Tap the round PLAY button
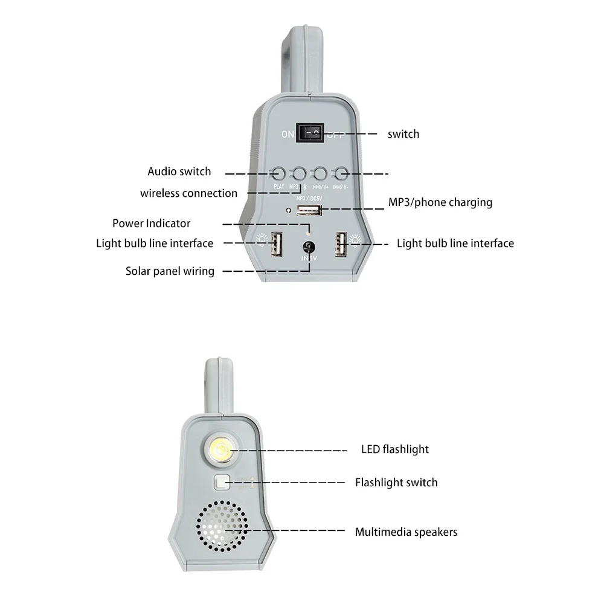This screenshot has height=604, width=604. pos(278,173)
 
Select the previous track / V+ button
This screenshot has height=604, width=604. pos(320,173)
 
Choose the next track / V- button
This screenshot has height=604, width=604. pos(341,173)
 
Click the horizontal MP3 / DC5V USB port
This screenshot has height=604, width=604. pos(309,211)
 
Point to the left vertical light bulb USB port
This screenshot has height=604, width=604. pos(277,245)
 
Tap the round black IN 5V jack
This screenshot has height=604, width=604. pos(309,246)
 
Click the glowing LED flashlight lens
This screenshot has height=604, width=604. pos(222,449)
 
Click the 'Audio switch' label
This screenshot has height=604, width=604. pos(179,172)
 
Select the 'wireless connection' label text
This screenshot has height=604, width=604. pos(188,193)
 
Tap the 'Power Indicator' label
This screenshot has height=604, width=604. pos(151,223)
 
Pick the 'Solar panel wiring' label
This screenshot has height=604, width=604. pos(170,271)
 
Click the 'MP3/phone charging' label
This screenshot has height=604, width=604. pos(440,202)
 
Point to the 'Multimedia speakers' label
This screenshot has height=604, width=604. pos(406,532)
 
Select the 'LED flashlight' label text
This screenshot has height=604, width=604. pos(395,449)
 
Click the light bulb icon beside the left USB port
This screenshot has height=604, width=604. pos(262,239)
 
